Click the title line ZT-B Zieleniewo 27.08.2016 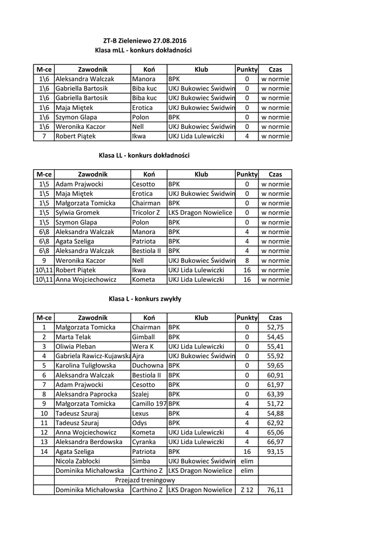[x=143, y=41]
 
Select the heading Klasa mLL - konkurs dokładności [x=143, y=50]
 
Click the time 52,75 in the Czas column [x=275, y=327]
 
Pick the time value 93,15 [x=275, y=451]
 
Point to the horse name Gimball [x=143, y=337]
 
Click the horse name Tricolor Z [x=146, y=213]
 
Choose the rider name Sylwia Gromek [x=78, y=213]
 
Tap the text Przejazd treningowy [x=145, y=480]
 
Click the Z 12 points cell [x=247, y=490]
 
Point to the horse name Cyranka [x=144, y=442]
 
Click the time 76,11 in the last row [x=275, y=490]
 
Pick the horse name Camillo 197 [x=149, y=404]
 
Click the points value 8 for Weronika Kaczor [x=247, y=260]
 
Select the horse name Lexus [x=141, y=413]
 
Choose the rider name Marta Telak [x=73, y=337]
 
